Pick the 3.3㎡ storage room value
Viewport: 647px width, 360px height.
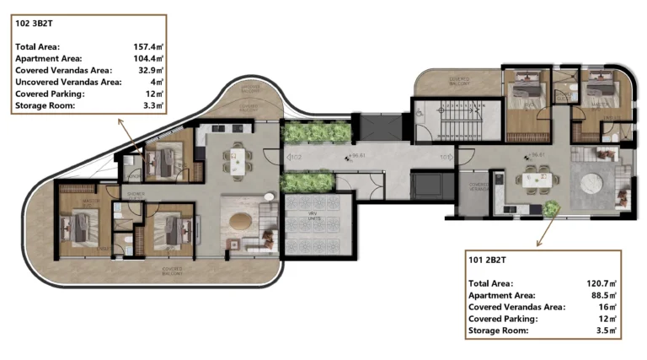tap(152, 105)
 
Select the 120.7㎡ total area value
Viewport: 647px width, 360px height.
tap(602, 284)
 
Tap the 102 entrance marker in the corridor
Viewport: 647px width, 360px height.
tap(294, 157)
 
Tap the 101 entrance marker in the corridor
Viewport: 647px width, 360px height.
tap(445, 157)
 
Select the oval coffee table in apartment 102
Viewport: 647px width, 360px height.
tap(241, 221)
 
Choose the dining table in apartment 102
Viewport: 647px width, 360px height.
tap(238, 157)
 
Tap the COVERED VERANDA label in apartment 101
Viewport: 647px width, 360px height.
tap(479, 185)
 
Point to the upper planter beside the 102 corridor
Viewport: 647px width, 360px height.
tap(316, 132)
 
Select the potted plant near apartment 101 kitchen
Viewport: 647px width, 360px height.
tap(551, 208)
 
